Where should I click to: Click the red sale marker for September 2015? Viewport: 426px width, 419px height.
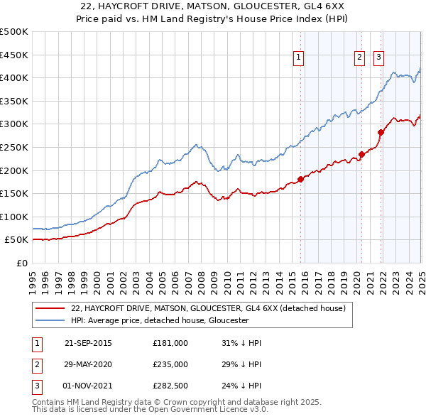point(300,179)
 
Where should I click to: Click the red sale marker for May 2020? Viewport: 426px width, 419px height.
point(361,153)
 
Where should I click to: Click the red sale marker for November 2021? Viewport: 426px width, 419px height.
point(381,131)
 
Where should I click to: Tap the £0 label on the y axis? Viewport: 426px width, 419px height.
point(22,263)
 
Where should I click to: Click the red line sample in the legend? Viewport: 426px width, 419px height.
point(50,308)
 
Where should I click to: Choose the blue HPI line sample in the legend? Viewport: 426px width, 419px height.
point(50,320)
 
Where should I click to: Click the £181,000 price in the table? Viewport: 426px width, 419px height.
point(170,343)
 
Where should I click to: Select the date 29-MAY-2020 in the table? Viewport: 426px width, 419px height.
point(88,364)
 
